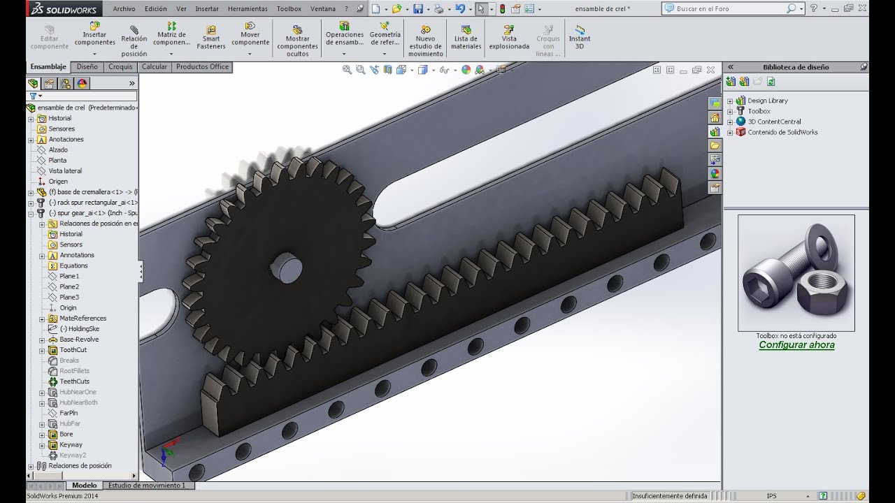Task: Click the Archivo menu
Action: (x=124, y=8)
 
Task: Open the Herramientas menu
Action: (x=248, y=8)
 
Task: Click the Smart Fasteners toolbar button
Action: (x=211, y=37)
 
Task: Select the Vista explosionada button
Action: (x=509, y=37)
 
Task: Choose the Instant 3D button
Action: (x=580, y=37)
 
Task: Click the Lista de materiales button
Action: (x=466, y=37)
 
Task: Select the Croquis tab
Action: (x=120, y=66)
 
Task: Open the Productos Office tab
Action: (x=202, y=66)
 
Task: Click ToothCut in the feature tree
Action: (x=73, y=350)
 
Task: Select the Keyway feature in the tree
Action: (x=71, y=444)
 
